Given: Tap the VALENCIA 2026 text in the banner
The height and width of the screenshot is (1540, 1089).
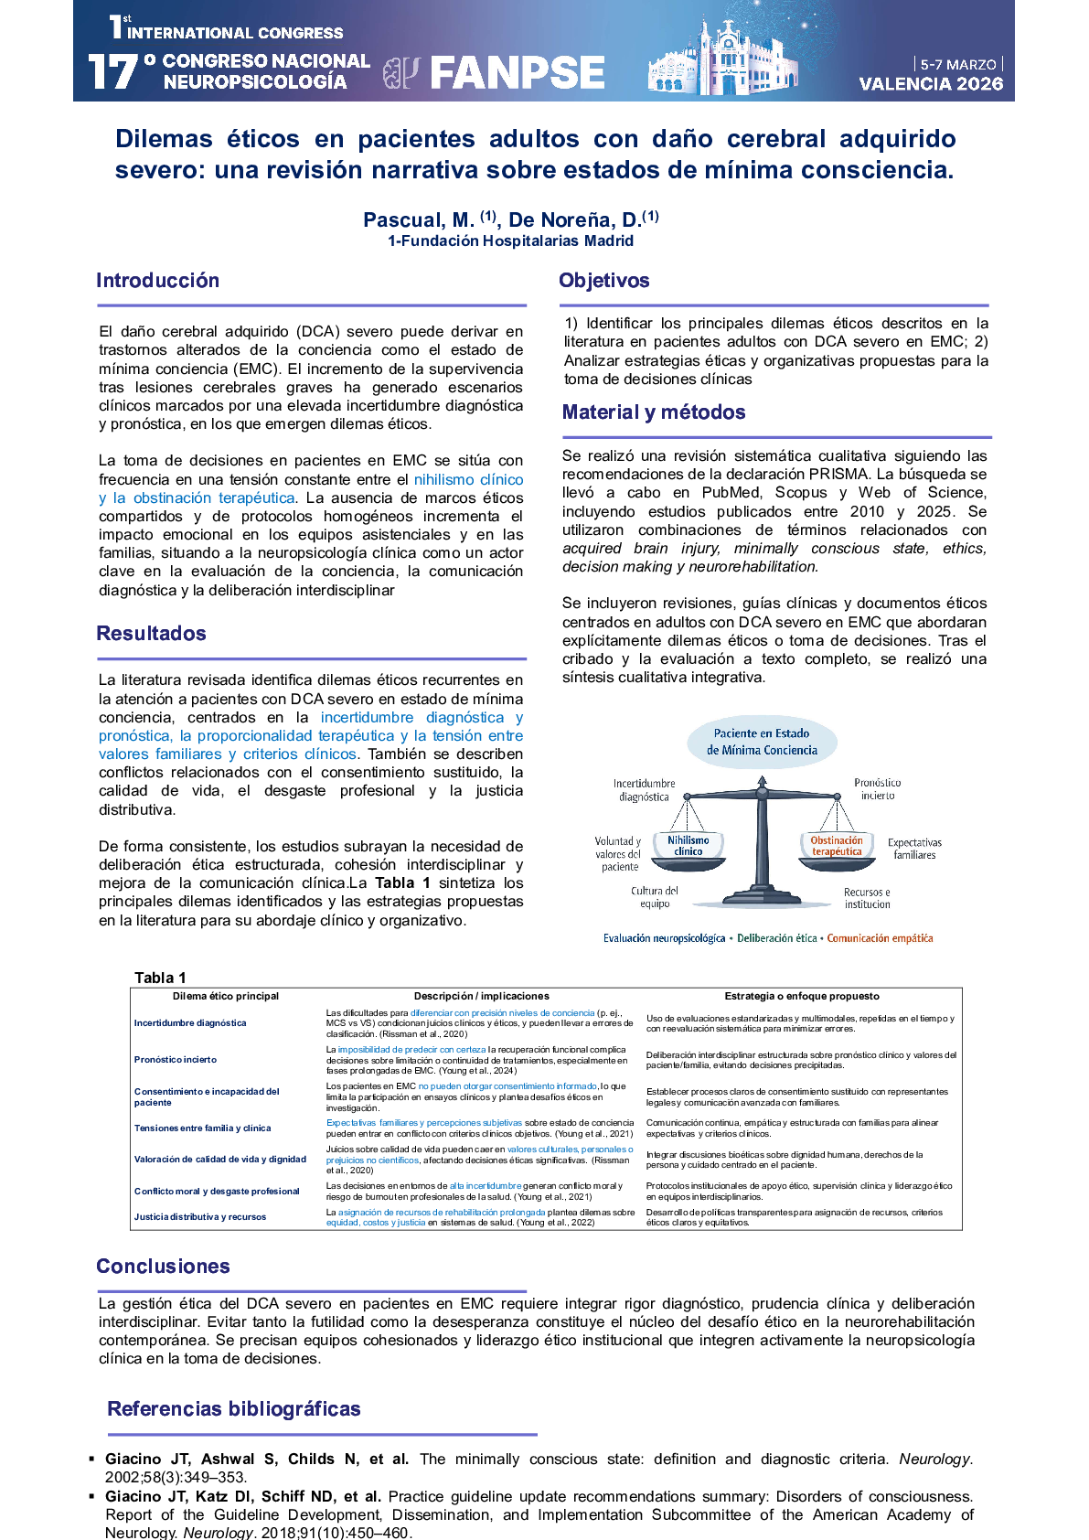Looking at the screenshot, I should coord(931,84).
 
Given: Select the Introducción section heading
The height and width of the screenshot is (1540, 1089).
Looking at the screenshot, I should coord(157,281).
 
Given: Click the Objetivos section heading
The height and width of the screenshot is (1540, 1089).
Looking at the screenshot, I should coord(603,281).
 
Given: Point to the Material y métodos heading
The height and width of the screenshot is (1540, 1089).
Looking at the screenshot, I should coord(654,412).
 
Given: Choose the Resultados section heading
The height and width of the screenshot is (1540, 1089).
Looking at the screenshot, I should coord(151,634).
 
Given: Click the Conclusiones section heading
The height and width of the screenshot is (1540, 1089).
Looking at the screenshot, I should coord(163,1267).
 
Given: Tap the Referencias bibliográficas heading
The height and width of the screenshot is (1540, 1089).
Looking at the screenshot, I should coord(234,1409).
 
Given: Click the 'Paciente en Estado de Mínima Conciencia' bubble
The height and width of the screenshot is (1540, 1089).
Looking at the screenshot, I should coord(762,742).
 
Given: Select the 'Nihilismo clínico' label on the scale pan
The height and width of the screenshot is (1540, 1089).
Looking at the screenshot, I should coord(688,846).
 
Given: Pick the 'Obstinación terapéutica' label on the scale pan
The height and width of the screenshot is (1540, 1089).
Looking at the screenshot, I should coord(836,846).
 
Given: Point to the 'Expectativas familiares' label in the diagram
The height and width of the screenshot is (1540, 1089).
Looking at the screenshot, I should coord(914,849).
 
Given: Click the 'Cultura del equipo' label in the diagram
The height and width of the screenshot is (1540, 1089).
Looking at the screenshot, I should coord(655,897).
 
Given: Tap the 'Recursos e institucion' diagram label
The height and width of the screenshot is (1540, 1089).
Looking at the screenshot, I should coord(867,898).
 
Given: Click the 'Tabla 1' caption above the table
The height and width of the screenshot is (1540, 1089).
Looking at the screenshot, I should coord(160,978).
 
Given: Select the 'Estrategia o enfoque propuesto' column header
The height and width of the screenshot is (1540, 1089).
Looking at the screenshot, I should coord(802,996).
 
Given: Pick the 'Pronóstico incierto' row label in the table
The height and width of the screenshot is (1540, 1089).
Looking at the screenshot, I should coord(176,1060).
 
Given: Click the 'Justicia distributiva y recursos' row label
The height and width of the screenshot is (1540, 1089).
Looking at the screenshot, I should coord(200,1217).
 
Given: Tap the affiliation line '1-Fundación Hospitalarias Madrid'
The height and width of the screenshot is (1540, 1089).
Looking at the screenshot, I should coord(510,241).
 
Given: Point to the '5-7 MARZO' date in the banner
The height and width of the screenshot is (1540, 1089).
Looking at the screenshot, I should coord(957,65).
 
